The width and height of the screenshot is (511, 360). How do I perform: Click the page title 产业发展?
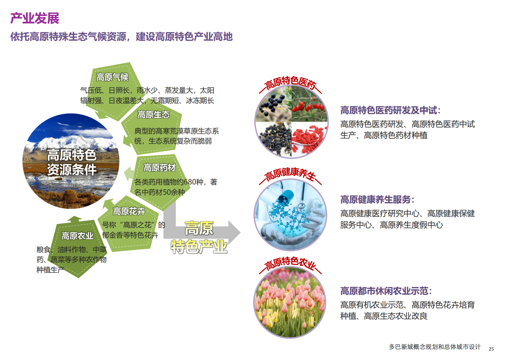click(x=35, y=18)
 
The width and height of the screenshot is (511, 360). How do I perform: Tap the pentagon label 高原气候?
click(x=112, y=77)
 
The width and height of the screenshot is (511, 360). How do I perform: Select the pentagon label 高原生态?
click(x=153, y=114)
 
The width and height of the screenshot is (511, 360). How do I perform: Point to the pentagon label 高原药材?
click(x=159, y=167)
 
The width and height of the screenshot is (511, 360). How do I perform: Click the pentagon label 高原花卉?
click(x=129, y=211)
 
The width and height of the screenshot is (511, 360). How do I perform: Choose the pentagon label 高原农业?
click(x=77, y=236)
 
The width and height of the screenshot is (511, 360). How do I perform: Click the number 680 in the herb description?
click(x=190, y=182)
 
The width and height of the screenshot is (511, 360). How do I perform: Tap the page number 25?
click(x=491, y=349)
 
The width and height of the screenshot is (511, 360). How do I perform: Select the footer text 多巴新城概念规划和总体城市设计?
click(x=435, y=347)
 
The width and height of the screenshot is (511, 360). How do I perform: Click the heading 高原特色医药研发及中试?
click(x=390, y=110)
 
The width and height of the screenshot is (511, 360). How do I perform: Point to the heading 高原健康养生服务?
click(x=377, y=199)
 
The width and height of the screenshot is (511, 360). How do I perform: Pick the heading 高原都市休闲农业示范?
click(x=386, y=291)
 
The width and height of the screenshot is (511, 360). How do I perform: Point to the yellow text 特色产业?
click(x=199, y=247)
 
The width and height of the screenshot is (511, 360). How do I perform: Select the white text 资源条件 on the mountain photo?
click(x=72, y=170)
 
